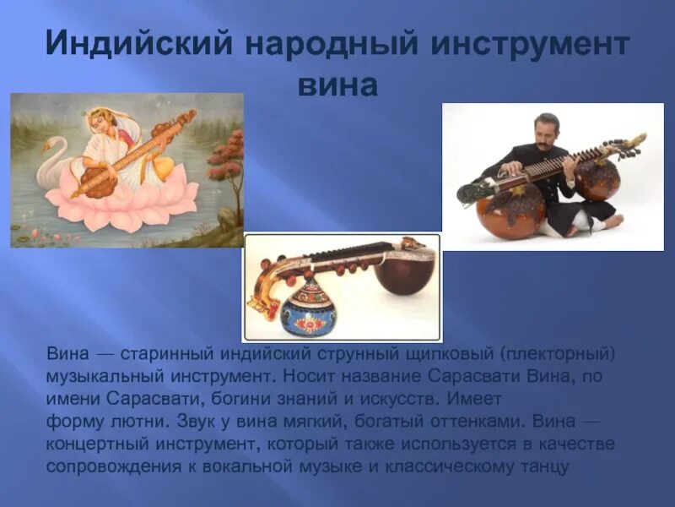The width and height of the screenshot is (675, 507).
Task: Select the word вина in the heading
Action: [337, 85]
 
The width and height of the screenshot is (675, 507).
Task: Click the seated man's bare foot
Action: [612, 222]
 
